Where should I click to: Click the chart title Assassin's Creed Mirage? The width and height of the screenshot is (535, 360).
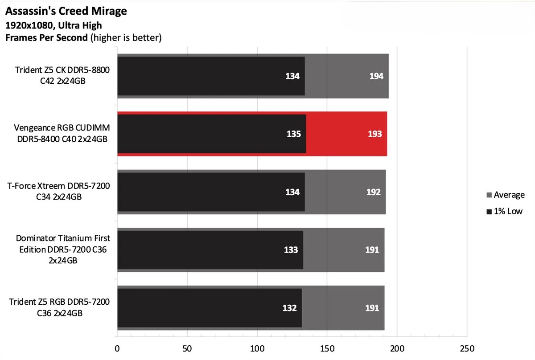click(66, 11)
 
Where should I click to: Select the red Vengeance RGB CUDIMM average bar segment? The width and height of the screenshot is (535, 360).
click(346, 134)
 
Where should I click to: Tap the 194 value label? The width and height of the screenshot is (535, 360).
click(376, 76)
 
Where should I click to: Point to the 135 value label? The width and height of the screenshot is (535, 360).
click(293, 134)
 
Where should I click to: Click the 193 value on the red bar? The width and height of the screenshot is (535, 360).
click(375, 134)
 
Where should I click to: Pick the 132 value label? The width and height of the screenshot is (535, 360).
click(290, 308)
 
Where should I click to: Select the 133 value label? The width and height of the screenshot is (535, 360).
click(291, 250)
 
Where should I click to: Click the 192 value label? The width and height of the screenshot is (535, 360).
click(374, 192)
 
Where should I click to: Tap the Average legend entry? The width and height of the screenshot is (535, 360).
click(505, 195)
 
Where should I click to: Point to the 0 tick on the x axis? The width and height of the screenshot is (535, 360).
click(117, 348)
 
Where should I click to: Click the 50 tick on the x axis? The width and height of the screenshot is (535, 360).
click(187, 348)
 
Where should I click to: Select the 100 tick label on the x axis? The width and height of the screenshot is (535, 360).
click(257, 348)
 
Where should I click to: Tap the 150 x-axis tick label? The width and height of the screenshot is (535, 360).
click(327, 348)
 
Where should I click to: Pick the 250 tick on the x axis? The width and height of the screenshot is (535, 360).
click(467, 348)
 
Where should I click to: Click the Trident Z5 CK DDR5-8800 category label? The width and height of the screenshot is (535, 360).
click(62, 76)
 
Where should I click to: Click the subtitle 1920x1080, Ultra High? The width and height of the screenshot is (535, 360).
click(53, 25)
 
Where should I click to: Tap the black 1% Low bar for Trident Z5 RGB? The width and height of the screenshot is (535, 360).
click(210, 308)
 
